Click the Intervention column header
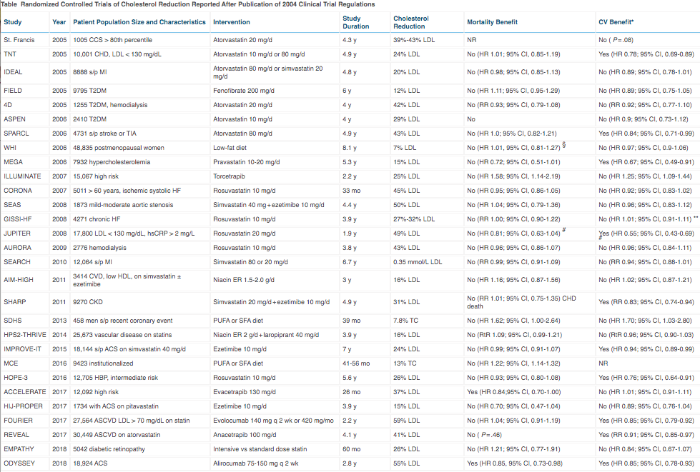click(231, 22)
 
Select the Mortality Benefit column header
click(492, 22)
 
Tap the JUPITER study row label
click(17, 233)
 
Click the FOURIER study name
click(18, 421)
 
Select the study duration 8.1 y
click(350, 148)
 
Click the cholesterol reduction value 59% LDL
click(406, 421)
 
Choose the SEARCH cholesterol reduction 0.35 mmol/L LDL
click(418, 261)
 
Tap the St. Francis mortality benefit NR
click(471, 40)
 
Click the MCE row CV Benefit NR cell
click(603, 363)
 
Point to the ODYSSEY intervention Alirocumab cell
click(256, 463)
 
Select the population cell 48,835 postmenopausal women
click(119, 148)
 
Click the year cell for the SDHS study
click(59, 321)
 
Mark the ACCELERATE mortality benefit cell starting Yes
click(513, 392)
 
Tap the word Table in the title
click(9, 4)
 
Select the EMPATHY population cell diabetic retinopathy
click(109, 449)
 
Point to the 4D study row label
click(8, 105)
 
